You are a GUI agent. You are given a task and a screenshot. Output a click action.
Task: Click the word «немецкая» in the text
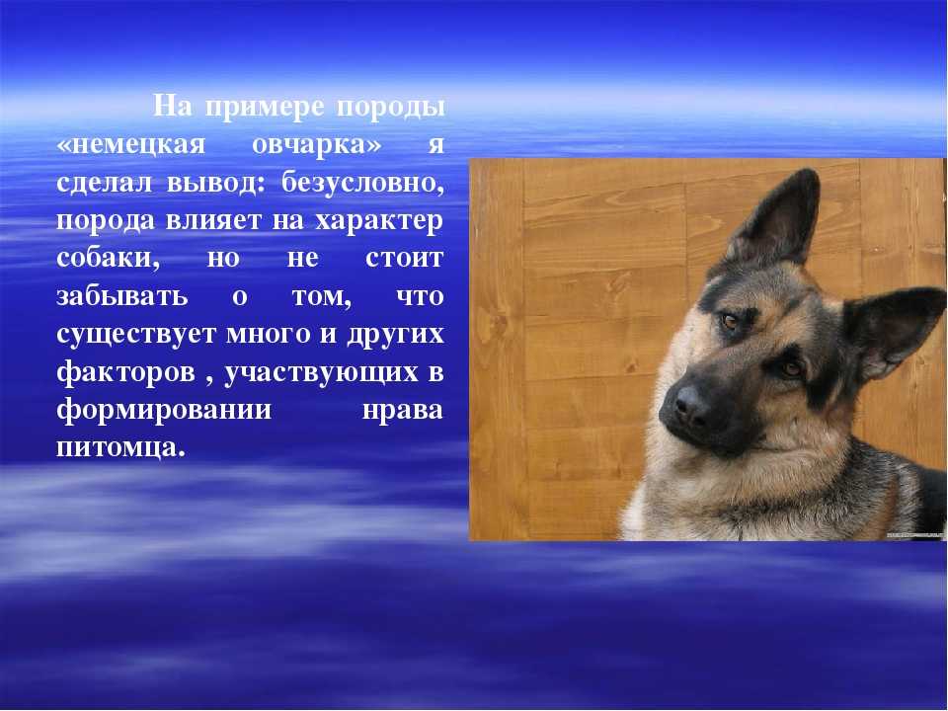pyautogui.click(x=131, y=145)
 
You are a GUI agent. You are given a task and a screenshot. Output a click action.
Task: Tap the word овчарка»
pyautogui.click(x=317, y=145)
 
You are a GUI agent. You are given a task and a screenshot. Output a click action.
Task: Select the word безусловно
pyautogui.click(x=362, y=182)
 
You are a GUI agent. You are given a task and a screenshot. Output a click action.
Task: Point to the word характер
pyautogui.click(x=379, y=221)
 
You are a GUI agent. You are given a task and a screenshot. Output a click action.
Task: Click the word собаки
pyautogui.click(x=109, y=258)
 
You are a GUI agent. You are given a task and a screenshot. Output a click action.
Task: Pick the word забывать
pyautogui.click(x=122, y=295)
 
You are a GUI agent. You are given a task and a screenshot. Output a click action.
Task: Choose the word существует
pyautogui.click(x=136, y=335)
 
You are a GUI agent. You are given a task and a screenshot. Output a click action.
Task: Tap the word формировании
pyautogui.click(x=164, y=410)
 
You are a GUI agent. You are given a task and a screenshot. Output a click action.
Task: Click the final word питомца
pyautogui.click(x=119, y=448)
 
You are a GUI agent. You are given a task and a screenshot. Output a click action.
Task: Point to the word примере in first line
pyautogui.click(x=266, y=108)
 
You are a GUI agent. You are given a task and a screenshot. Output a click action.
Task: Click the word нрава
pyautogui.click(x=403, y=411)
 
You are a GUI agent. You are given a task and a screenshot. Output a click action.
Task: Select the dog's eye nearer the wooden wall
pyautogui.click(x=730, y=321)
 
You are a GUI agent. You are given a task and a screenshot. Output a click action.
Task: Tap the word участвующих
pyautogui.click(x=322, y=373)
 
